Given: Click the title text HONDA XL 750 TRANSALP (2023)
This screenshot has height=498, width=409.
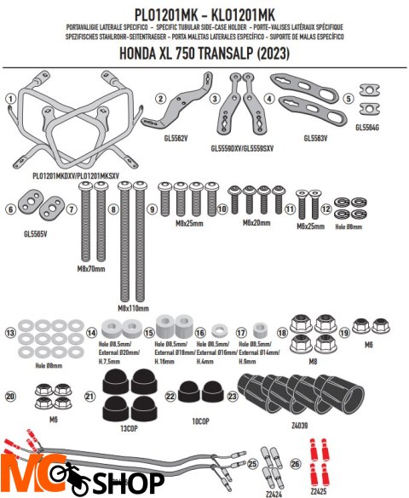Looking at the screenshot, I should tap(204, 53).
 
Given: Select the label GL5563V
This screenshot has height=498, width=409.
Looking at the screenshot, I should tap(321, 137).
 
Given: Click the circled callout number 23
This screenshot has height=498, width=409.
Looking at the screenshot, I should tap(233, 396).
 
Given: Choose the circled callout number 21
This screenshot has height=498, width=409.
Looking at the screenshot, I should tap(90, 396).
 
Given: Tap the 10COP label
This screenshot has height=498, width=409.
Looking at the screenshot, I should tap(200, 421).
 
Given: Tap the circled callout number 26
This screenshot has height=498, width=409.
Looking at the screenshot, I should tap(296, 463).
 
